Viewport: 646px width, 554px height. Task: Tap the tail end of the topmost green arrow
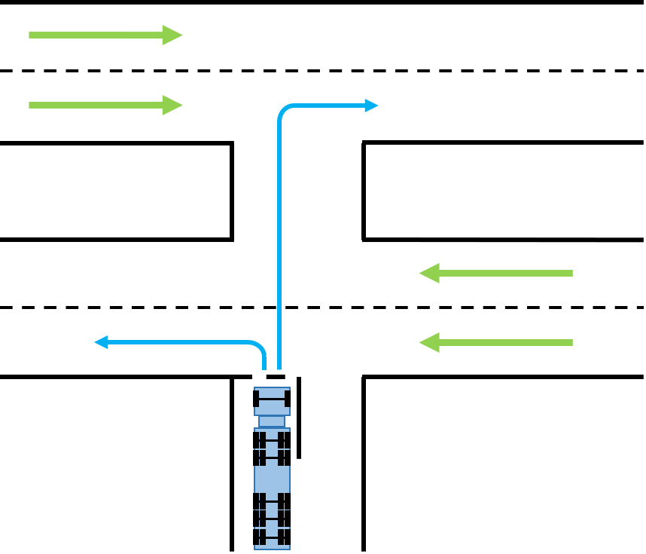click(x=31, y=35)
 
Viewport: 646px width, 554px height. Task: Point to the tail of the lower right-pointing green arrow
click(x=31, y=105)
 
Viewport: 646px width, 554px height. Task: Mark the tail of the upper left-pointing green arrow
click(x=571, y=273)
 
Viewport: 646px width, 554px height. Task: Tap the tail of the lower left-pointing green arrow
click(x=571, y=342)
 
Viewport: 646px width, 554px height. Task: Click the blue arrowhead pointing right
click(x=372, y=106)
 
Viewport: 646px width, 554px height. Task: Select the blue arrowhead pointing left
click(x=100, y=342)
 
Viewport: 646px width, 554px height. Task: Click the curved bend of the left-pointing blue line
click(x=260, y=347)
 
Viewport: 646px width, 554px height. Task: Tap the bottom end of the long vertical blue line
click(x=279, y=369)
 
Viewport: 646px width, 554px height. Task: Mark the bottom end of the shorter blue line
click(x=264, y=369)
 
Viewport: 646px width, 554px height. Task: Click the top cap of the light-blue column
click(x=272, y=389)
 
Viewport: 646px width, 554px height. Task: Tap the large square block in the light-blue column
click(x=272, y=479)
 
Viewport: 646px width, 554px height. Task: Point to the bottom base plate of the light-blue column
click(x=272, y=547)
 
